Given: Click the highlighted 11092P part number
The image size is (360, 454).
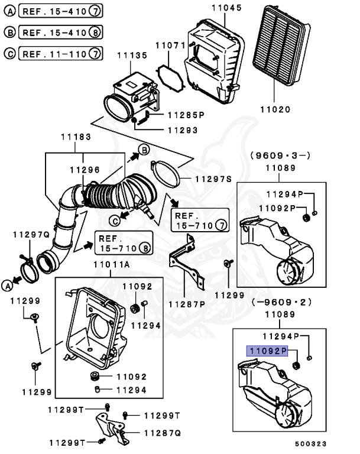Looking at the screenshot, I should (267, 351).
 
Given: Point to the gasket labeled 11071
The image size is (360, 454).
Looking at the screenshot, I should (170, 76).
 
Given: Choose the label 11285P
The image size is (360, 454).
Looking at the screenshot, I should (185, 115).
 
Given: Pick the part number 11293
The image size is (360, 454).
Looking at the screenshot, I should (181, 129).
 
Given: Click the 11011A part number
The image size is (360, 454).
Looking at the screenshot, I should (111, 265).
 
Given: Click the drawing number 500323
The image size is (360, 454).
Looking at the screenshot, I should (312, 442).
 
